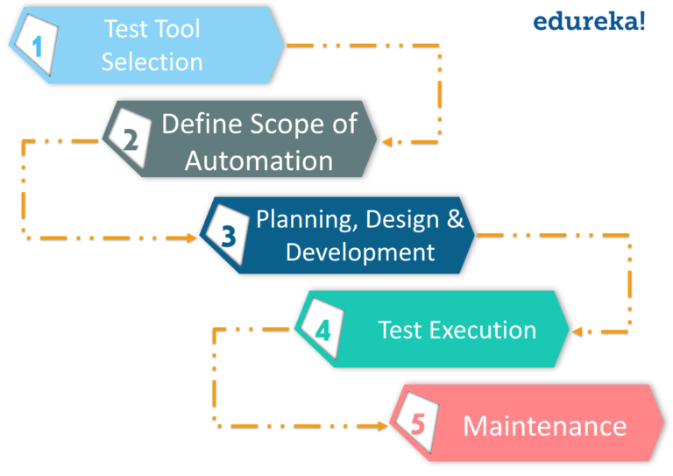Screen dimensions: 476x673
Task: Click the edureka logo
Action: [x=589, y=20]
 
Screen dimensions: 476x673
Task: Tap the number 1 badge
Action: [x=38, y=46]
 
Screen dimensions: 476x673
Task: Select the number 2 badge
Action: [x=131, y=139]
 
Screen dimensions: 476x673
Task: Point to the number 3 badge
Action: [x=228, y=235]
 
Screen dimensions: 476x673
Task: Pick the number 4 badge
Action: [x=322, y=330]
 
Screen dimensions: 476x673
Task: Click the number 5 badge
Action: [x=418, y=425]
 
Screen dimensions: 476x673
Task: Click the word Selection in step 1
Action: [x=152, y=62]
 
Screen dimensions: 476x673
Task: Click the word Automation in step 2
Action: [x=259, y=161]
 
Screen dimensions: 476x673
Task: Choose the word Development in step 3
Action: [x=360, y=252]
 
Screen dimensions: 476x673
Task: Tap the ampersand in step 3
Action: [x=455, y=218]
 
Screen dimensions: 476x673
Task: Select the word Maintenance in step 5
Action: [x=544, y=426]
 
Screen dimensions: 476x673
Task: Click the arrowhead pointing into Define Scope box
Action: [x=386, y=140]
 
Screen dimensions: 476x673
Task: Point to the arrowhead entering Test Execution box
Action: [x=577, y=331]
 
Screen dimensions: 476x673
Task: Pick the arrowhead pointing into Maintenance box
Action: [x=383, y=425]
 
